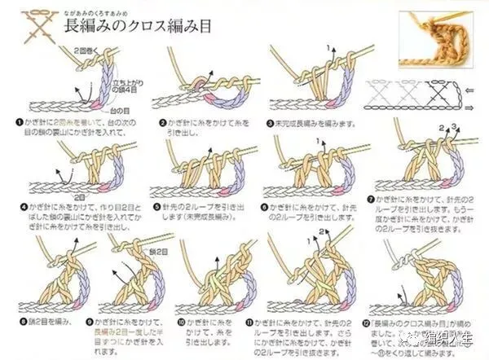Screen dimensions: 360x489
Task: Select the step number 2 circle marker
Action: pos(163,122)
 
